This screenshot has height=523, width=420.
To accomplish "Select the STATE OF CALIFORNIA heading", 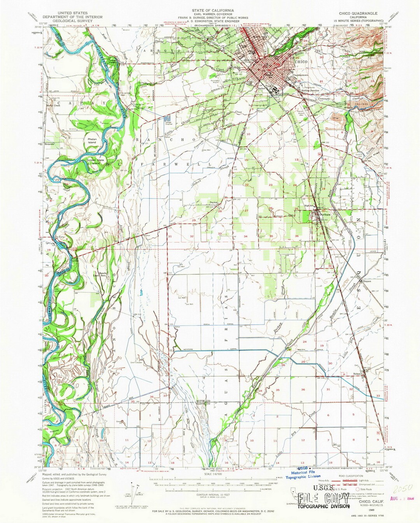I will point(210,9).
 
